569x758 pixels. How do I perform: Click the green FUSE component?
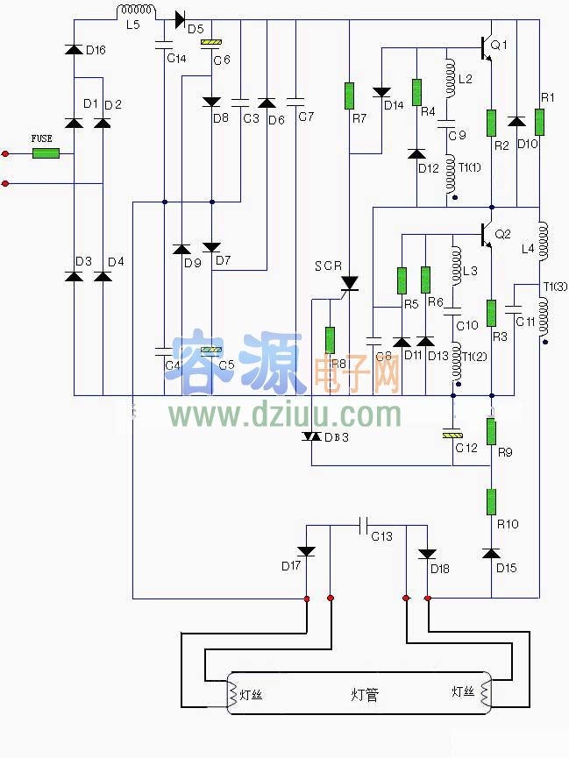click(x=46, y=153)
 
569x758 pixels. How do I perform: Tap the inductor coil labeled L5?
click(x=136, y=11)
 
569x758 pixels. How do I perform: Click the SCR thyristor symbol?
click(x=350, y=283)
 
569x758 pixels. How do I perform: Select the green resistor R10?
click(x=491, y=501)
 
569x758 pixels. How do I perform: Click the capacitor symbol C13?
click(x=363, y=526)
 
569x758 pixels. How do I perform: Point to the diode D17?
click(x=306, y=550)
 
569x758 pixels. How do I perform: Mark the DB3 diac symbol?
click(x=312, y=436)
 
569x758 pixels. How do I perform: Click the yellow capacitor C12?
click(x=452, y=434)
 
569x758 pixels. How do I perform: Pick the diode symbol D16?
click(x=74, y=50)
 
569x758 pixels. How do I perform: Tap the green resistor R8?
click(x=331, y=340)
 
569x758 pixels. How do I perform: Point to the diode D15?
click(x=491, y=553)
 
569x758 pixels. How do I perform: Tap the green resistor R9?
click(x=491, y=431)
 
